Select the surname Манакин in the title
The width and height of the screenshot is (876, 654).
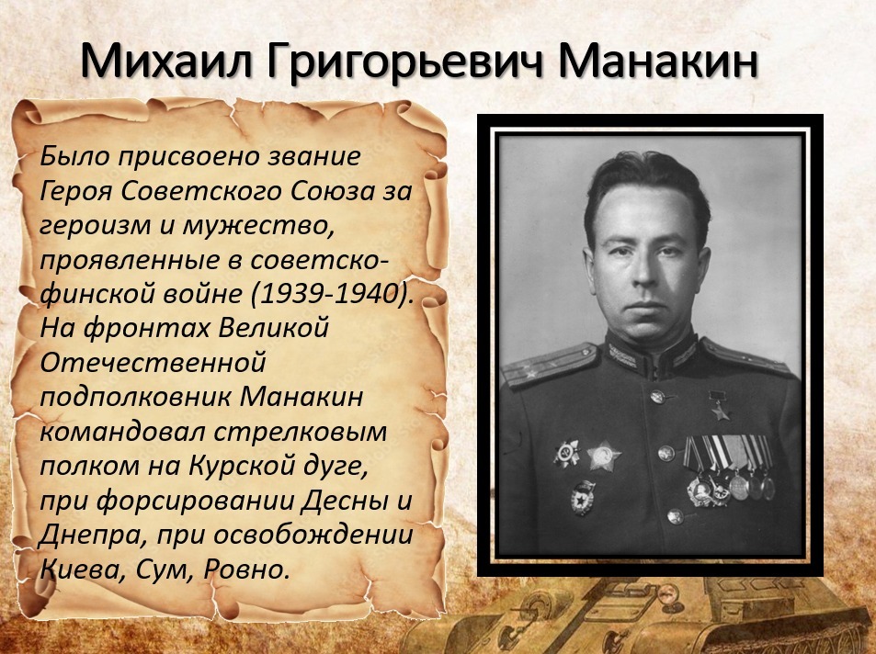(657, 60)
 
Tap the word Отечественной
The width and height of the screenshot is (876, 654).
(153, 363)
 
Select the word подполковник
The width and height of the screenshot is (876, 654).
(136, 397)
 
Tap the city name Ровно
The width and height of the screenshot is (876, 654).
(245, 569)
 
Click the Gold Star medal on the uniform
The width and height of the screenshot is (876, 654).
(720, 406)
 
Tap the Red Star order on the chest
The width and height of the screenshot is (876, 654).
(603, 457)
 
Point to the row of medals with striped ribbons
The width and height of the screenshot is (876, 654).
(729, 468)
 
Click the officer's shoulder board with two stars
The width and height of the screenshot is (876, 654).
(550, 366)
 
